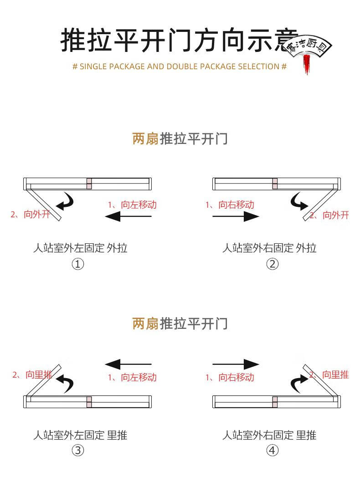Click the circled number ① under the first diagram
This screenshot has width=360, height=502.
click(78, 264)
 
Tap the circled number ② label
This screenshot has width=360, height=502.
click(272, 264)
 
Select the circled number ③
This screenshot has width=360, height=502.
click(78, 451)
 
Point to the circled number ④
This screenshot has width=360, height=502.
click(272, 451)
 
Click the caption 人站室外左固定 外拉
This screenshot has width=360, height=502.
click(80, 248)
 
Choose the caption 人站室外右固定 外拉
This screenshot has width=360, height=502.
click(269, 248)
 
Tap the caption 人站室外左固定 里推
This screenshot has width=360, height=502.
click(80, 435)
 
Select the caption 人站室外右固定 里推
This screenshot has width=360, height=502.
click(269, 435)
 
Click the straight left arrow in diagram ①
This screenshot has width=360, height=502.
click(128, 216)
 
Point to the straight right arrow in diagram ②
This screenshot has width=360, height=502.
click(236, 216)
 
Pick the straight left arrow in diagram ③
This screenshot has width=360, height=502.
click(128, 364)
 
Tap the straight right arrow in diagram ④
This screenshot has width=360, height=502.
click(236, 364)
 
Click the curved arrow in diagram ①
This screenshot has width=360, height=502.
click(65, 201)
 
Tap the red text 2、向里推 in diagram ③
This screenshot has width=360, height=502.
click(32, 375)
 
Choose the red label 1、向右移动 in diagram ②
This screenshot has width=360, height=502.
click(230, 205)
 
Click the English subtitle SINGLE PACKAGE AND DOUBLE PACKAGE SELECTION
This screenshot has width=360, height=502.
click(180, 67)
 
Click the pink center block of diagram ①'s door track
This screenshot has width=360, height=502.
click(89, 184)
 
